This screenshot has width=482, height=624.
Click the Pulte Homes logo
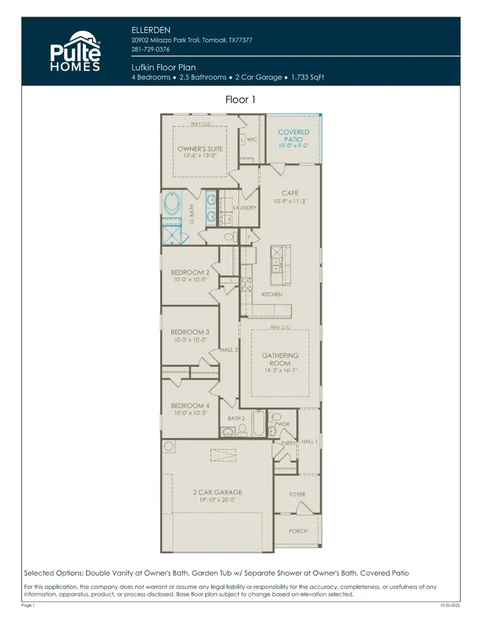point(75,51)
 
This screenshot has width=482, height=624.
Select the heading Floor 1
point(240,100)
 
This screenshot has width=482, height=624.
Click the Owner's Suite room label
point(200,149)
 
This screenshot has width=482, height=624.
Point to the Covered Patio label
point(293,135)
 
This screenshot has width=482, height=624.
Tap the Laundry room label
point(245,208)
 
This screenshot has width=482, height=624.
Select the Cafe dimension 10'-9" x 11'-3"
point(290,201)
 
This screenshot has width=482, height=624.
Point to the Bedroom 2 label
point(187,272)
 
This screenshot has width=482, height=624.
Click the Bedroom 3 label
point(187,332)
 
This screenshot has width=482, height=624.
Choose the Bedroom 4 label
point(187,406)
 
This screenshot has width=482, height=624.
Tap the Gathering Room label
point(280,359)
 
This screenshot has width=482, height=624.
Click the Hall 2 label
point(229,350)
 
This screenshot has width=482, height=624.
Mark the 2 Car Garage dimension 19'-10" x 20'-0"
point(217,499)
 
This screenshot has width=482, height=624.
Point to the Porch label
point(298,531)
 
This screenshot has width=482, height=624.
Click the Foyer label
point(297,494)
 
